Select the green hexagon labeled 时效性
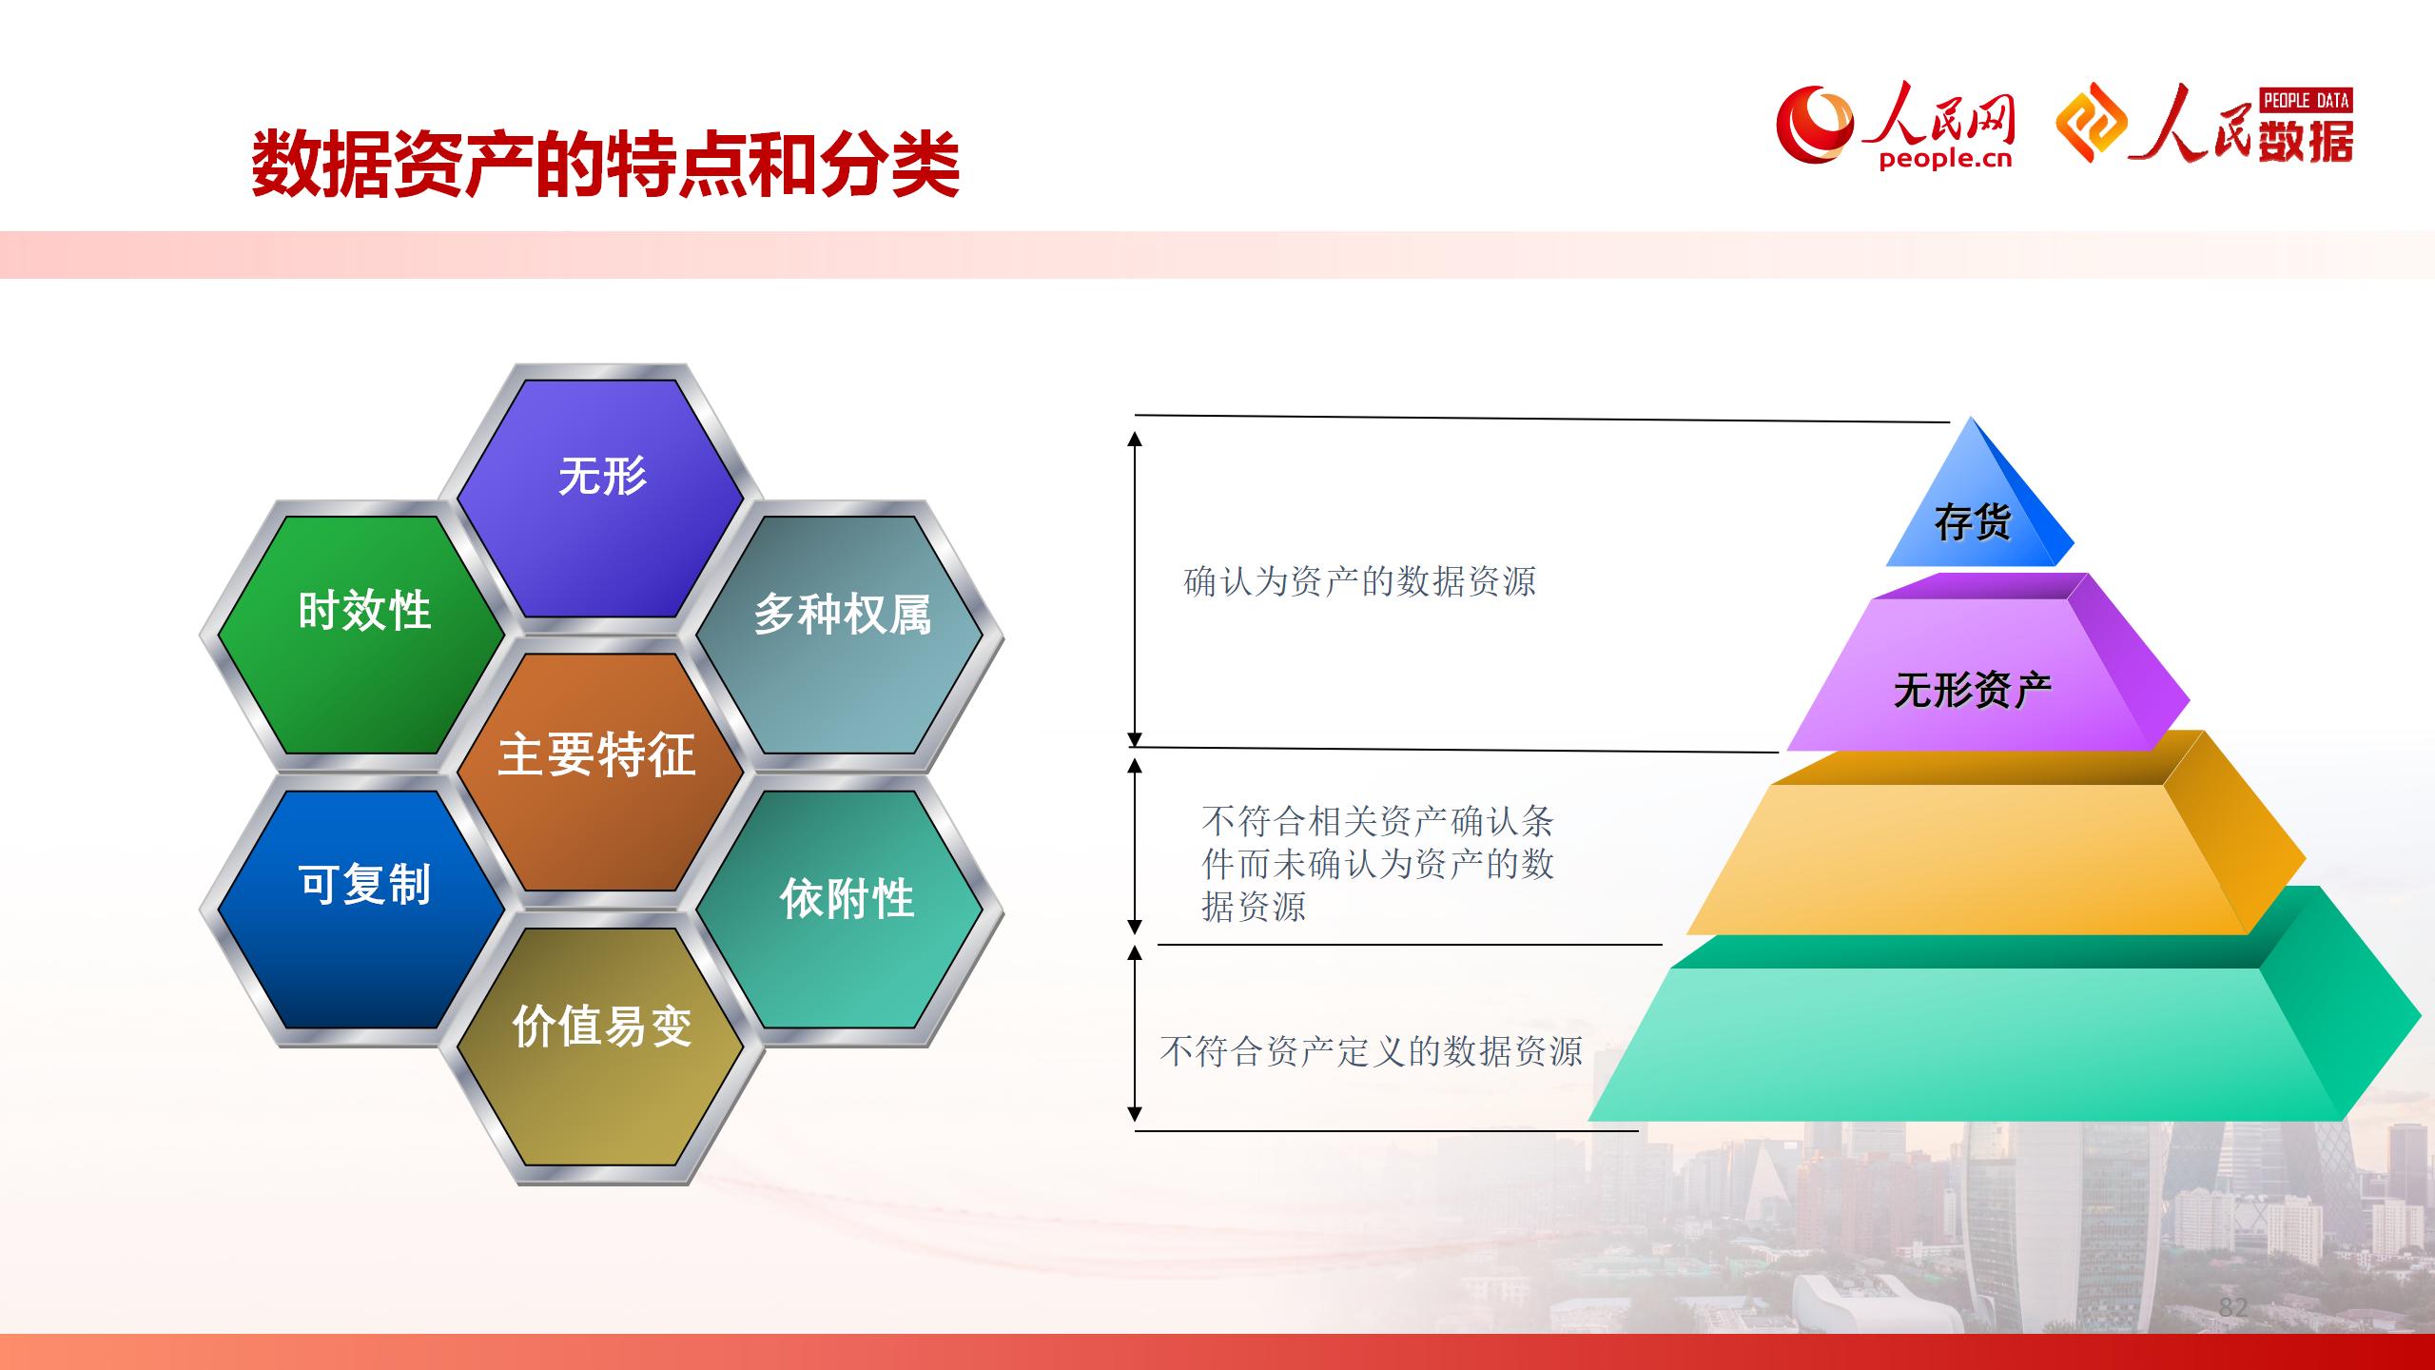362,635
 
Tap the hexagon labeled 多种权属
841,635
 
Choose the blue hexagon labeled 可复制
362,910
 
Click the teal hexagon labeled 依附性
841,910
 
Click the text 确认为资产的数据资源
1359,581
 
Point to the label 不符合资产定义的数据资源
1371,1051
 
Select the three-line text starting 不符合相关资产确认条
1377,863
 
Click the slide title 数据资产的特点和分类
605,165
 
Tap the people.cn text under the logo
1946,159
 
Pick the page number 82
2232,1306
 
